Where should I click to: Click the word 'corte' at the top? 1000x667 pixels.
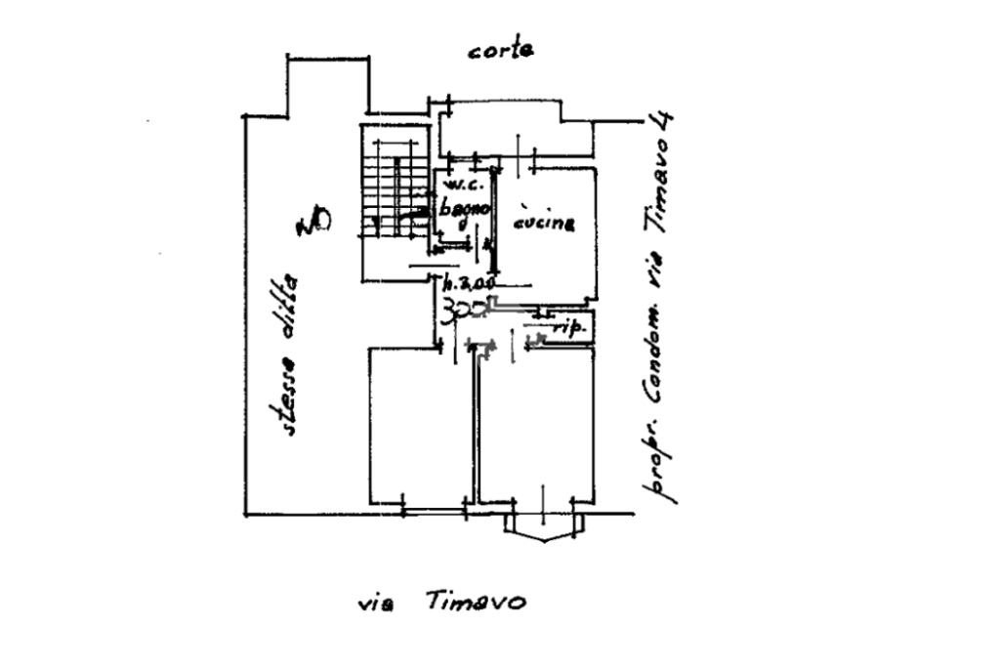(500, 50)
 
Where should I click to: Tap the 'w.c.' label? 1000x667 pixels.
(458, 186)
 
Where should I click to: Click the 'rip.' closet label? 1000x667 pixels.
(568, 329)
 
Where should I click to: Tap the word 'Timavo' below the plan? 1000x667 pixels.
(476, 602)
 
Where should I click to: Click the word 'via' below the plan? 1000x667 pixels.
(376, 604)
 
